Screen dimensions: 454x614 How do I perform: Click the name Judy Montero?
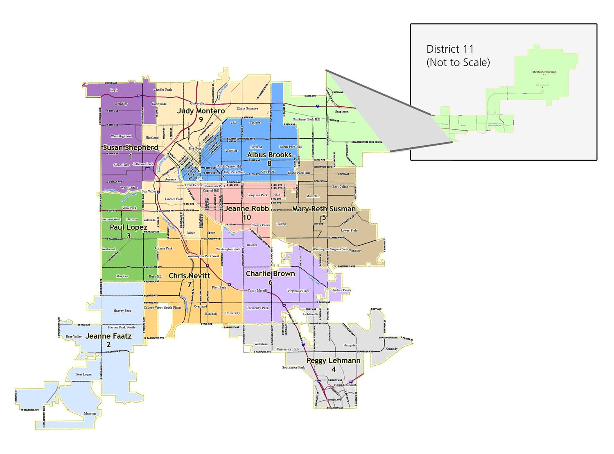[x=201, y=111]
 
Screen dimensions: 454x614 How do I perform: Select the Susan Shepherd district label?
[x=131, y=147]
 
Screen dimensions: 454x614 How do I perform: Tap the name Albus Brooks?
[x=269, y=155]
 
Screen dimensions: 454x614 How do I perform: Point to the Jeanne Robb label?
[x=246, y=208]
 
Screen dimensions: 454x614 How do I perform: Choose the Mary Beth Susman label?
[x=324, y=209]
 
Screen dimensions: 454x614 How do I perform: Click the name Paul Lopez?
[x=129, y=227]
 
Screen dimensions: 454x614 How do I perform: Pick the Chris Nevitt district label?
[x=189, y=276]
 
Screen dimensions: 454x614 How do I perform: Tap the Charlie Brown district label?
[x=270, y=273]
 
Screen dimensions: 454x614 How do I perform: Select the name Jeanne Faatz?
[x=108, y=336]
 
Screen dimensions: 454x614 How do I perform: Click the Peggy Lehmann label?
[x=333, y=360]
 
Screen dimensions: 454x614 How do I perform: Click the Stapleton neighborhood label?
[x=342, y=112]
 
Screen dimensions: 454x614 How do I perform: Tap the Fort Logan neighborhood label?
[x=84, y=374]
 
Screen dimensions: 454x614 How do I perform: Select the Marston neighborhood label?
[x=90, y=414]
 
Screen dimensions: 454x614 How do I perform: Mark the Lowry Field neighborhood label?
[x=349, y=230]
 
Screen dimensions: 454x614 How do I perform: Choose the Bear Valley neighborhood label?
[x=74, y=337]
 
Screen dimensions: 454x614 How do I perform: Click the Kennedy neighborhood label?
[x=391, y=349]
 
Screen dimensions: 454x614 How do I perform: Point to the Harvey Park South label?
[x=121, y=327]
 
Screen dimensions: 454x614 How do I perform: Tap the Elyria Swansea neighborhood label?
[x=247, y=108]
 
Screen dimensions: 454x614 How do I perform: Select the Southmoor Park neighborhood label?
[x=293, y=367]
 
